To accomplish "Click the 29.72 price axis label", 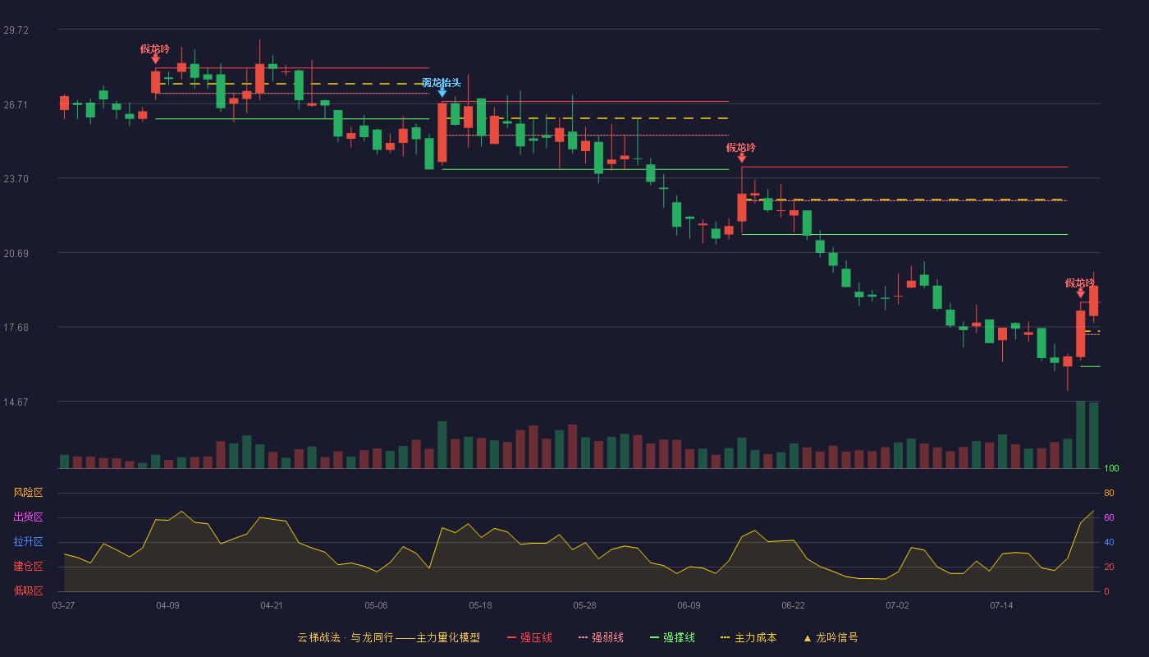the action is click(x=16, y=30).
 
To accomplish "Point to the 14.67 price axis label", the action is click(x=16, y=402).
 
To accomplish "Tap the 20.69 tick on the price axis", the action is click(x=16, y=254).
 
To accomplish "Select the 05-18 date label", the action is click(x=480, y=606).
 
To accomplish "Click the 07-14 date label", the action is click(x=1001, y=606).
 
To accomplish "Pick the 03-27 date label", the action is click(x=64, y=606).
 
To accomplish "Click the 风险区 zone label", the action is click(x=28, y=493).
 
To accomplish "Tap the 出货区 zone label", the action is click(x=28, y=517).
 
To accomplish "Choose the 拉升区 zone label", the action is click(x=28, y=541).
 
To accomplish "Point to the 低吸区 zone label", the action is click(x=28, y=590).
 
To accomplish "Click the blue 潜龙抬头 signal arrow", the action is click(x=442, y=92).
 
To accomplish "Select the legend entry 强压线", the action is click(x=529, y=637).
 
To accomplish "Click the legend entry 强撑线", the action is click(x=672, y=637).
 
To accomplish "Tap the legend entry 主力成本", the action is click(x=748, y=637).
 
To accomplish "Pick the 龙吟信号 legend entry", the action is click(x=831, y=637).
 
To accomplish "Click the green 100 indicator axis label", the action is click(x=1111, y=468).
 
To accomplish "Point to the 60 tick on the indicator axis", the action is click(x=1109, y=517).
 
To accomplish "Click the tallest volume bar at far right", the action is click(x=1080, y=434).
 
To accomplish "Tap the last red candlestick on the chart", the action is click(x=1093, y=301).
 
